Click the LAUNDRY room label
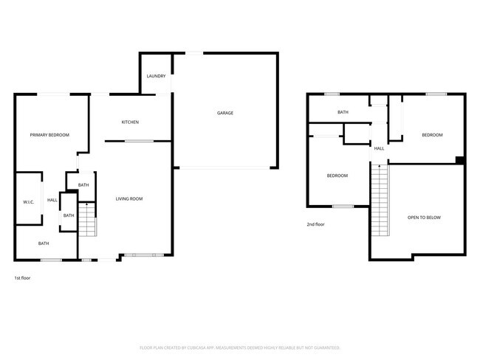(156, 76)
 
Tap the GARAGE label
(225, 113)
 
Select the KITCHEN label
(130, 122)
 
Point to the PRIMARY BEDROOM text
(49, 135)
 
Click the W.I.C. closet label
(29, 201)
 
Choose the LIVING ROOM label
(129, 198)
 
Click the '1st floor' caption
(22, 278)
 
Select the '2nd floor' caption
(315, 224)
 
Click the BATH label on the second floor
(343, 112)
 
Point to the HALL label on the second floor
(379, 148)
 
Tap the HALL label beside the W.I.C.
(52, 200)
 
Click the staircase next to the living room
(87, 219)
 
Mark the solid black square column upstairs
(460, 160)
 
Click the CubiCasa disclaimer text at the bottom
(239, 347)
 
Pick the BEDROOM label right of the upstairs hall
(432, 135)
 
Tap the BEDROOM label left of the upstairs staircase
(337, 176)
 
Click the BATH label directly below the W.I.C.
(44, 243)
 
